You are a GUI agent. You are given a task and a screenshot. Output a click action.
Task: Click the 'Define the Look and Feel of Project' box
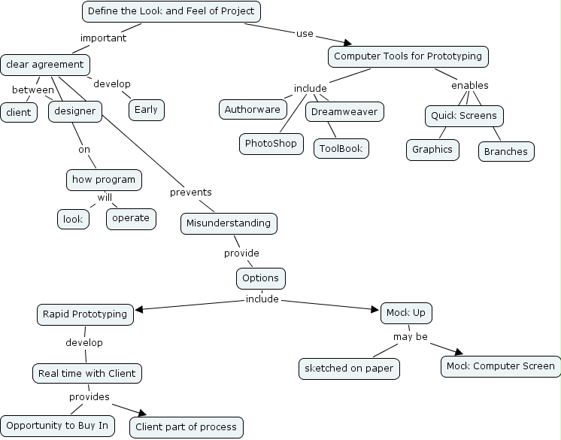tap(171, 12)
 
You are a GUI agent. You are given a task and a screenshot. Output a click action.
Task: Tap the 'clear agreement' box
tap(45, 65)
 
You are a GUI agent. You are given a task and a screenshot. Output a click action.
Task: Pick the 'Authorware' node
tap(253, 109)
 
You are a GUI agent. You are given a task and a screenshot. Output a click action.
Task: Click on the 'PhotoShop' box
tap(271, 143)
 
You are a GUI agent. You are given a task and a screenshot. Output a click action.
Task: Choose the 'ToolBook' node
tap(341, 148)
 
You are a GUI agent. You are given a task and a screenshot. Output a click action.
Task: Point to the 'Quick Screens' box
tap(463, 116)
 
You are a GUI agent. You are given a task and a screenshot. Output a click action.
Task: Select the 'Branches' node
tap(506, 151)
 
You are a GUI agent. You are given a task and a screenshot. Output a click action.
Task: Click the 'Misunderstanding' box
tap(229, 223)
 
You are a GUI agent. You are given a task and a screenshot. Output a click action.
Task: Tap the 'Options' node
tap(260, 278)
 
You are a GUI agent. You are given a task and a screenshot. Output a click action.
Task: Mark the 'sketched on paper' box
tap(349, 369)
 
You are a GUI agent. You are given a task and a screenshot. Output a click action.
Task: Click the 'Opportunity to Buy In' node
tap(57, 426)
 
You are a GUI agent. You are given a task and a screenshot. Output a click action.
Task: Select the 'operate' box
tap(132, 219)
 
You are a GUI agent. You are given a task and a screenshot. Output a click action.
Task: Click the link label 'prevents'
tap(190, 192)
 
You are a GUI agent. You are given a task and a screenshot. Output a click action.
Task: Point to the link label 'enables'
tap(469, 85)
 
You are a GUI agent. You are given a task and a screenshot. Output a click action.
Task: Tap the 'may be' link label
tap(411, 336)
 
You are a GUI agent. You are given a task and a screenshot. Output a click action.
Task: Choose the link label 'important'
tap(103, 38)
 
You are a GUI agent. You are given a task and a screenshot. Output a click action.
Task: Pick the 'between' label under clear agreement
tap(33, 90)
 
